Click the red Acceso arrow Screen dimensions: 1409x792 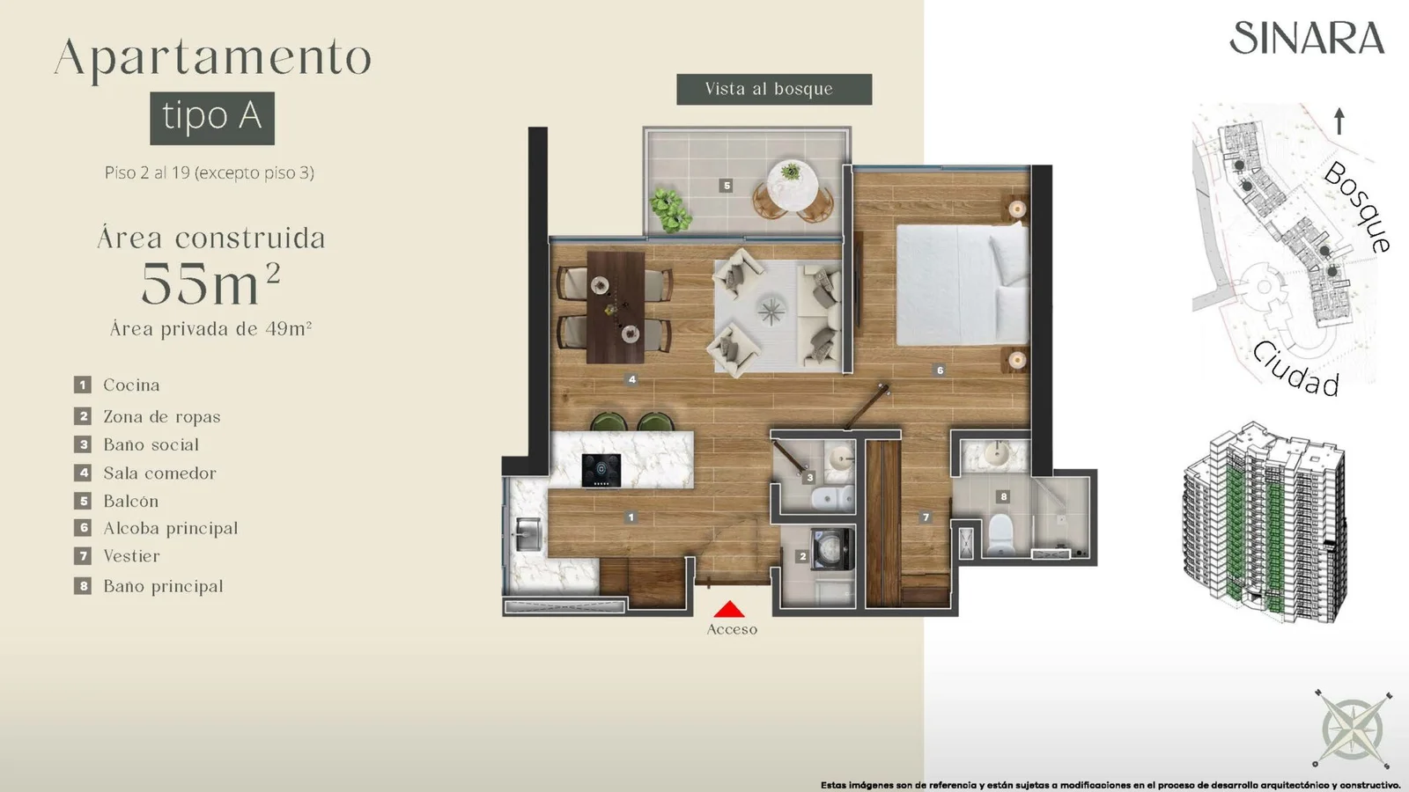729,609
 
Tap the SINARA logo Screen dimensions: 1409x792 1307,39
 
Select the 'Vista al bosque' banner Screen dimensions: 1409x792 774,89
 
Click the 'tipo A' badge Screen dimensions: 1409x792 212,118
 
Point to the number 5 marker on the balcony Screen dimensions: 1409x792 727,186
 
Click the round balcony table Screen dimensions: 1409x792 792,186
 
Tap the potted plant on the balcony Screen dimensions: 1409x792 671,210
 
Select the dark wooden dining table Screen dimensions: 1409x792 616,307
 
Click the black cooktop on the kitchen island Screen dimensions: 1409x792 601,470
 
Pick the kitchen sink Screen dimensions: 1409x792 528,534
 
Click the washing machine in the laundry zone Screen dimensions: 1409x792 831,549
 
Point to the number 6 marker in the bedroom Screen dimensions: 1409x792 940,370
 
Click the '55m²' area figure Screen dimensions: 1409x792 210,283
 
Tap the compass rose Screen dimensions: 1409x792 1352,729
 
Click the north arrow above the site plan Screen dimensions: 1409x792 1339,121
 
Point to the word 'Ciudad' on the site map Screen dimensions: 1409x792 1296,370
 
